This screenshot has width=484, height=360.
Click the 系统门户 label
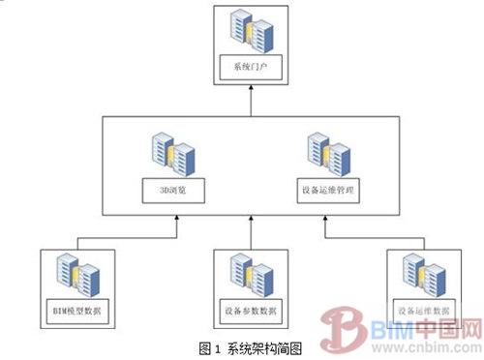click(249, 68)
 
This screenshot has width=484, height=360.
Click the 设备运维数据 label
click(421, 312)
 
